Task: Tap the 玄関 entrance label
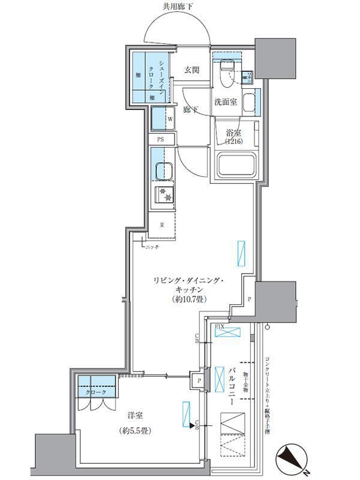point(191,70)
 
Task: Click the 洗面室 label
point(226,102)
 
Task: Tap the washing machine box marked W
point(162,119)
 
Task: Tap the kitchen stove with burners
point(163,194)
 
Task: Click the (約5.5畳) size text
point(135,431)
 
